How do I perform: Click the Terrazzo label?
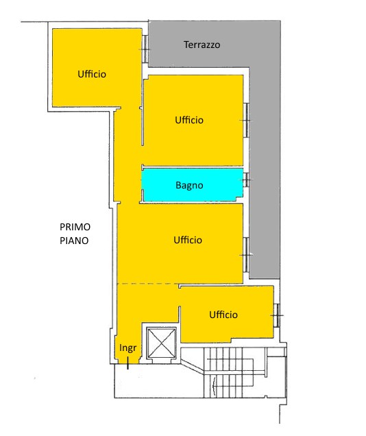[202, 45]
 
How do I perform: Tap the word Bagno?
[189, 185]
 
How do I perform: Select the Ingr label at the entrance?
[128, 348]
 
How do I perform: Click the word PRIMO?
[75, 228]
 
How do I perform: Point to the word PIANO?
[75, 241]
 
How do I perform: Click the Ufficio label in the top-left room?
[92, 74]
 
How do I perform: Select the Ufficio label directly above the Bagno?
[189, 120]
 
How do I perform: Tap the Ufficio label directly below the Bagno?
[188, 240]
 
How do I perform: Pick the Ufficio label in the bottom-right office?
[223, 315]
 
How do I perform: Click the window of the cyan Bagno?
[247, 180]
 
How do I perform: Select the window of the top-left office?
[145, 47]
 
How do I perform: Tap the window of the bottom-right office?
[276, 315]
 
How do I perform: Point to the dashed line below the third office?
[147, 284]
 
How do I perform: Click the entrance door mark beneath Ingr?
[128, 364]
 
